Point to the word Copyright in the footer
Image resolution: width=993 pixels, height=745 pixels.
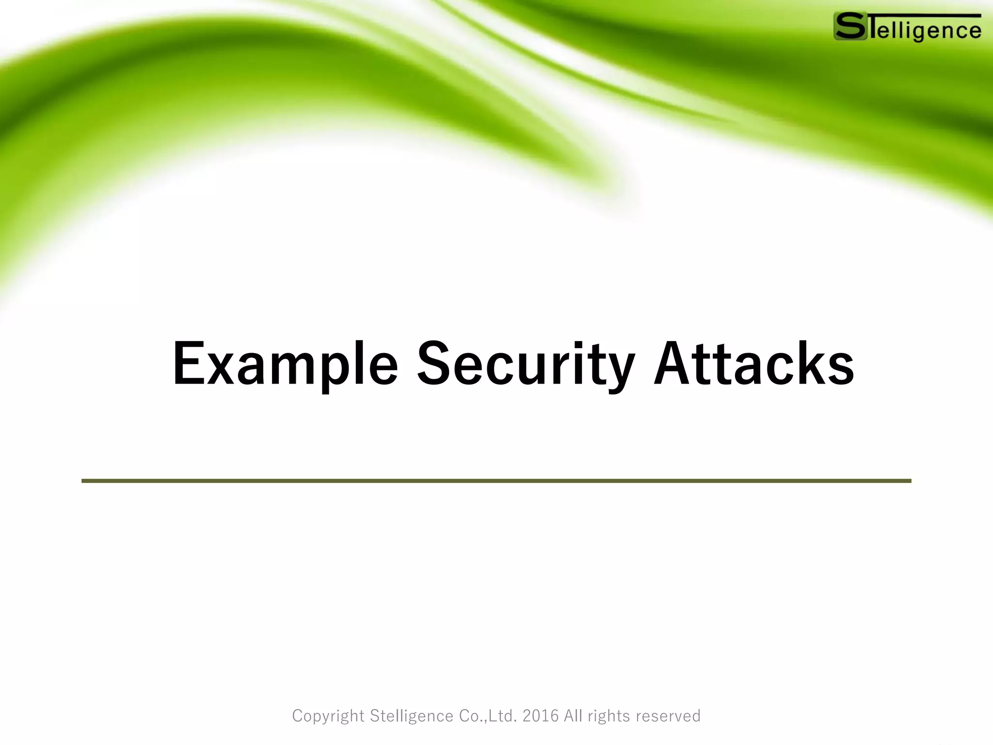pyautogui.click(x=328, y=716)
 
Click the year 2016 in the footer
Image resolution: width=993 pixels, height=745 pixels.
pyautogui.click(x=541, y=716)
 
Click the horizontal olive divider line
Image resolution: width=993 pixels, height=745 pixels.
pyautogui.click(x=496, y=481)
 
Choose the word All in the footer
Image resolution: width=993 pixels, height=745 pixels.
pyautogui.click(x=573, y=716)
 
